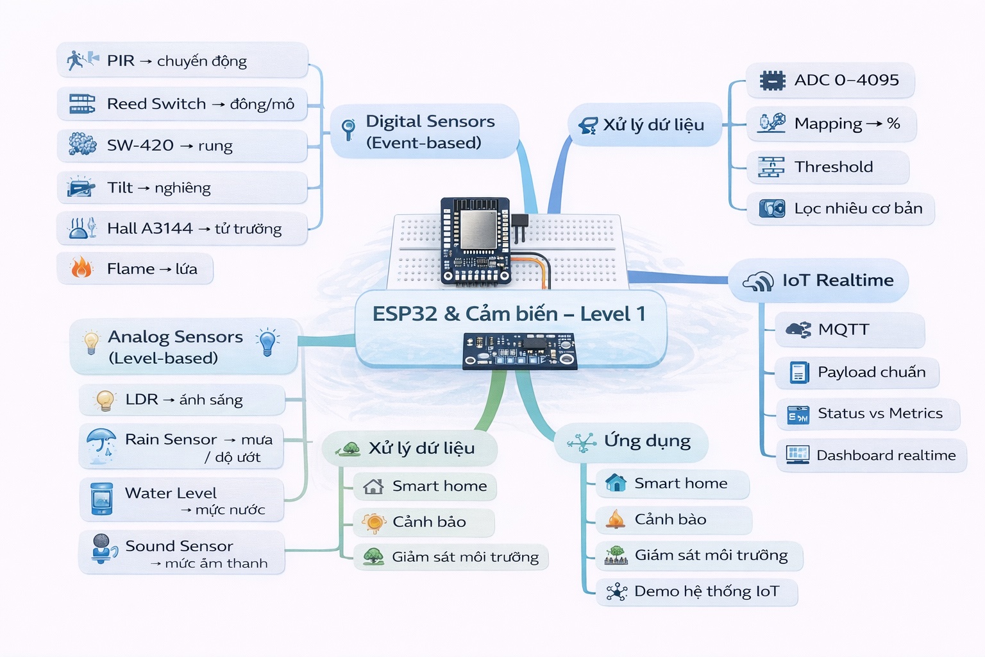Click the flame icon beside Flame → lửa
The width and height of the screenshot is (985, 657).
coord(81,268)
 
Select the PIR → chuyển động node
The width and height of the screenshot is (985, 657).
coord(182,61)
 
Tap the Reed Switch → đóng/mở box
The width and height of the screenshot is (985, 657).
coord(182,104)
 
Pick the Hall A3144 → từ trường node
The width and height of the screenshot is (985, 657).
coord(182,229)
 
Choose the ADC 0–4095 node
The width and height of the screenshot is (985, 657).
coord(830,80)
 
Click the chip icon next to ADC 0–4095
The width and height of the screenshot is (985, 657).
coord(772,81)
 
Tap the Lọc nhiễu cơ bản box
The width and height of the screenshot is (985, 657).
coord(840,209)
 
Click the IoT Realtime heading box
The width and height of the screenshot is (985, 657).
coord(819,280)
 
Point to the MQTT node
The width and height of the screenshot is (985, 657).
coord(850,330)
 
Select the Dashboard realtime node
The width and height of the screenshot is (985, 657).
coord(871,456)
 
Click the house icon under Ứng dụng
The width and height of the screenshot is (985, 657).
coord(616,482)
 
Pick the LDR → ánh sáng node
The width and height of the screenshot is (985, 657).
coord(182,400)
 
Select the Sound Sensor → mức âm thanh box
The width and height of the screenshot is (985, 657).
coord(182,553)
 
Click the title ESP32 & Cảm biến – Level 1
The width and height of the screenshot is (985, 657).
coord(509,314)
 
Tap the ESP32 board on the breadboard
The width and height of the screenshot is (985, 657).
coord(475,241)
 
